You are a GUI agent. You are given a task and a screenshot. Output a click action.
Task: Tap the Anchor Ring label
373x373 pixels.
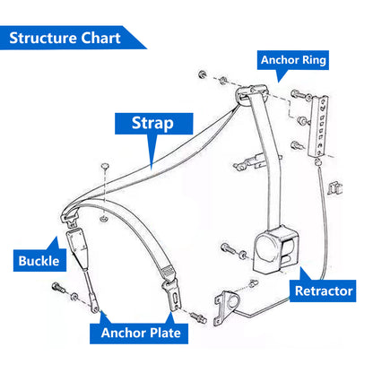click(x=293, y=60)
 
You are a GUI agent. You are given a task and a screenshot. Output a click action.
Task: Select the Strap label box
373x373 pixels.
click(x=154, y=124)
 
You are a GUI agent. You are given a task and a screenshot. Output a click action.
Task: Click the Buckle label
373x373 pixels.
click(x=39, y=261)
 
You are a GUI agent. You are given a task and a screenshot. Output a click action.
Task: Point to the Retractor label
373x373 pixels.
click(x=323, y=291)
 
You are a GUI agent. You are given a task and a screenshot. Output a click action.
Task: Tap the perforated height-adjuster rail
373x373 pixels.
click(x=318, y=126)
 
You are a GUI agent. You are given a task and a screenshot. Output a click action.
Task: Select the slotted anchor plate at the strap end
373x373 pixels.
click(x=172, y=293)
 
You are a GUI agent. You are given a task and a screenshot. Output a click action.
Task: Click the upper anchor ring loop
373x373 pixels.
click(x=250, y=93)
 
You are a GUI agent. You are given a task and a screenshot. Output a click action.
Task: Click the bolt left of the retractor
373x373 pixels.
click(x=229, y=248)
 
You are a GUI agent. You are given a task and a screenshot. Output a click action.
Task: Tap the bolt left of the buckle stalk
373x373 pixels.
click(x=59, y=288)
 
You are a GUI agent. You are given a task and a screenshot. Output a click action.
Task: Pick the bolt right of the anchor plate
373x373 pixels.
click(x=199, y=317)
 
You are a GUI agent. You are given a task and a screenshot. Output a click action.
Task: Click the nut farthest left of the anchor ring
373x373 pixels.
click(x=203, y=74)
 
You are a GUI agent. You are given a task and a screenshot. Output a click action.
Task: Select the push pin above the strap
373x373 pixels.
click(x=105, y=167)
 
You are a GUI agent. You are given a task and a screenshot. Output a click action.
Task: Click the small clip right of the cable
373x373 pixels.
click(x=334, y=188)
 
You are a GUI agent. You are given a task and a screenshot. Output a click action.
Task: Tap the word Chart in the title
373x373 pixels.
click(x=100, y=38)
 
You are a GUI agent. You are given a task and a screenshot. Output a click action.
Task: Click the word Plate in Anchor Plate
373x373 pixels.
click(x=165, y=333)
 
